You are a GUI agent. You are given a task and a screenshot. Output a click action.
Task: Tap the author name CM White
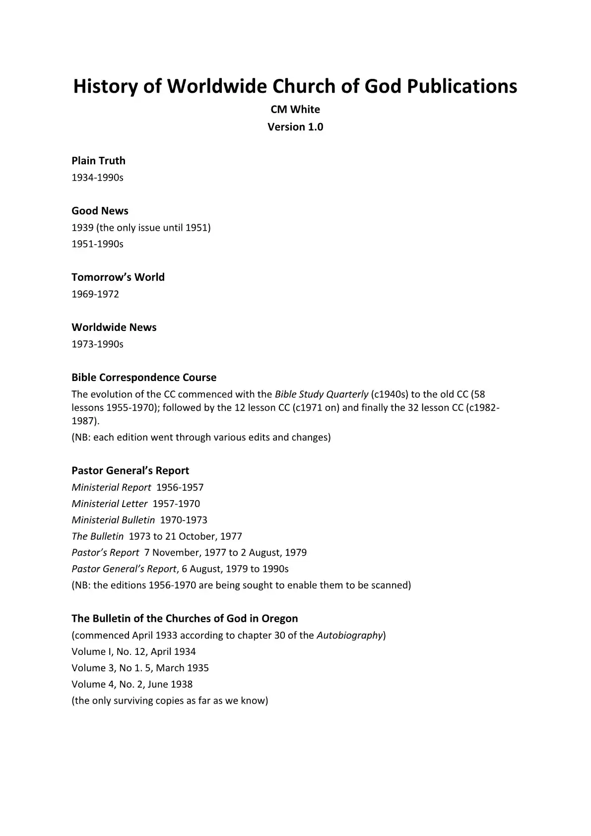[x=295, y=109]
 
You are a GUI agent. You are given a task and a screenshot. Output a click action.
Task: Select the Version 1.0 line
[x=295, y=127]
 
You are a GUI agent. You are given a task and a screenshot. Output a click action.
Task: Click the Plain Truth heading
[x=98, y=160]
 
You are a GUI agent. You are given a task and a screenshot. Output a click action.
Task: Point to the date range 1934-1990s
[x=97, y=177]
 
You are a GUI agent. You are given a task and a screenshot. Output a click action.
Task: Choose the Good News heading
[x=100, y=210]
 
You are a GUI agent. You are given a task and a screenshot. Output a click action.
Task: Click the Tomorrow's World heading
[x=118, y=277]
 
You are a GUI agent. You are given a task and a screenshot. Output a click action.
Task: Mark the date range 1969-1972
[x=95, y=294]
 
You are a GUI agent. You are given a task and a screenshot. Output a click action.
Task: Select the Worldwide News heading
[x=114, y=327]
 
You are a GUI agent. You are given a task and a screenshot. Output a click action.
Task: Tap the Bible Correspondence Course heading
[x=144, y=377]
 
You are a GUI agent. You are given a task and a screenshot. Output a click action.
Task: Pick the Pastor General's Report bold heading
[x=131, y=470]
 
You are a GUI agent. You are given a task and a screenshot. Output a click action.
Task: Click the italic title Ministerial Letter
[x=110, y=504]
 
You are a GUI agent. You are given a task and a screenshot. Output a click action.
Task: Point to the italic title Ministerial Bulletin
[x=113, y=520]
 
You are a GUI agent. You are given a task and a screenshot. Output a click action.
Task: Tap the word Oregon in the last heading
[x=280, y=618]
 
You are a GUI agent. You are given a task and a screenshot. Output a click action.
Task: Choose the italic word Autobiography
[x=350, y=635]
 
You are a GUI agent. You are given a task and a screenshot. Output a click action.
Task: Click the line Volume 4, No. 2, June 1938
[x=132, y=684]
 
